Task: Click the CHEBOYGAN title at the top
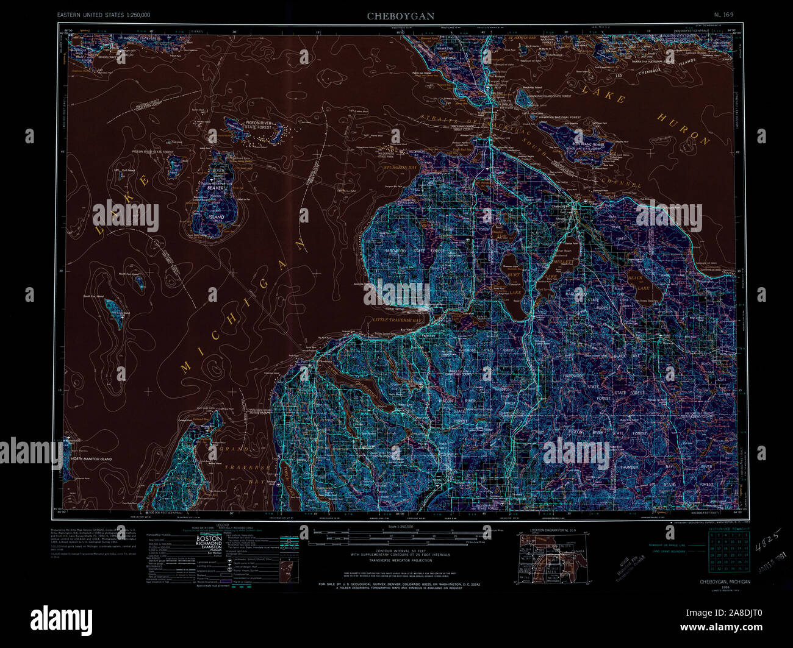click(x=401, y=16)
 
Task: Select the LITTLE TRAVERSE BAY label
click(x=397, y=319)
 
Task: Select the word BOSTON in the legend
click(x=209, y=539)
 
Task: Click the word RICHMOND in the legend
click(x=209, y=544)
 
